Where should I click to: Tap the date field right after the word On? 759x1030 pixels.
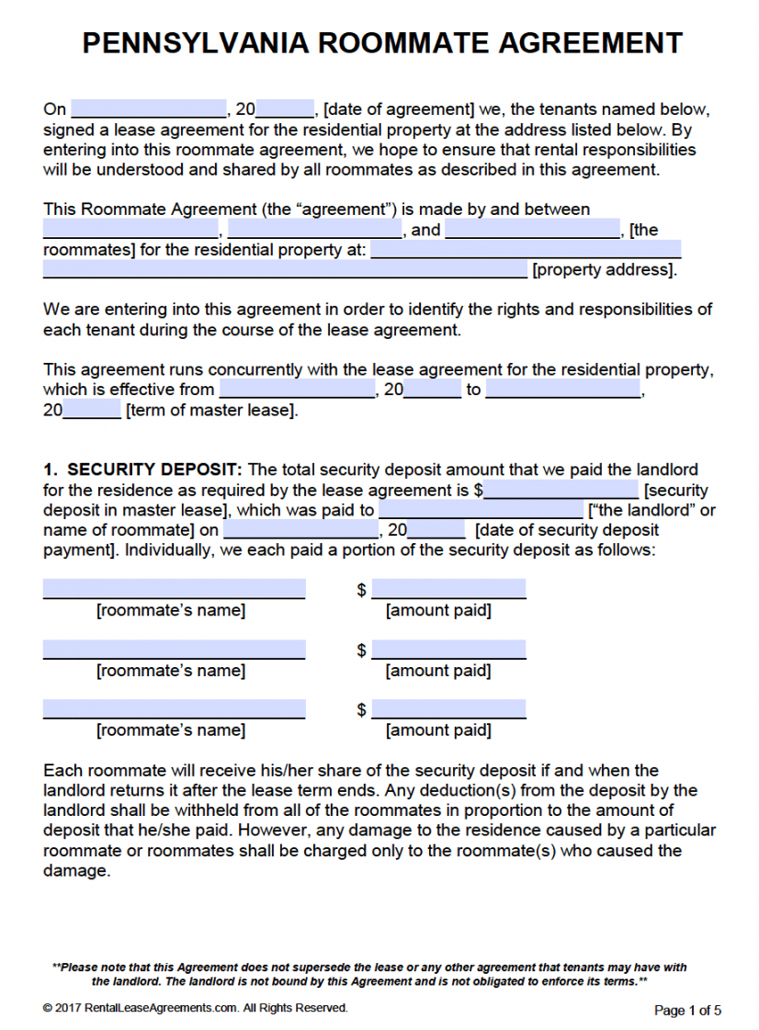pos(148,108)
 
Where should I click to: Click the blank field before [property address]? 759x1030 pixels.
pos(285,269)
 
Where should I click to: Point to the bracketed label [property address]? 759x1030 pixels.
pos(605,270)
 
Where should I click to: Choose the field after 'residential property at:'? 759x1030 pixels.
pos(526,249)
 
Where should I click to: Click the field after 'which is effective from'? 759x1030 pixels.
pos(297,390)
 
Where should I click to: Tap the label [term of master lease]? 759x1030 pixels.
pos(211,410)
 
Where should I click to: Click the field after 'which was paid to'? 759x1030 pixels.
pos(481,510)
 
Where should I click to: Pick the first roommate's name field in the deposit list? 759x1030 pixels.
pos(174,588)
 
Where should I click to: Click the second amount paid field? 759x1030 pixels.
pos(448,650)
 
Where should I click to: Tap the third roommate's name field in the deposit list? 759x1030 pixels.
pos(174,709)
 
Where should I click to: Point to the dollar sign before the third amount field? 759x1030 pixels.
pos(362,710)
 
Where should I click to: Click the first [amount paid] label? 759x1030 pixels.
pos(438,610)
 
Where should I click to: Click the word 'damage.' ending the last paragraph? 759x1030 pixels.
pos(76,870)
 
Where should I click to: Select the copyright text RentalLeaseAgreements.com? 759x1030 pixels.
pos(160,1008)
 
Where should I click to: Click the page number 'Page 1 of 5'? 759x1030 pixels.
pos(687,1010)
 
